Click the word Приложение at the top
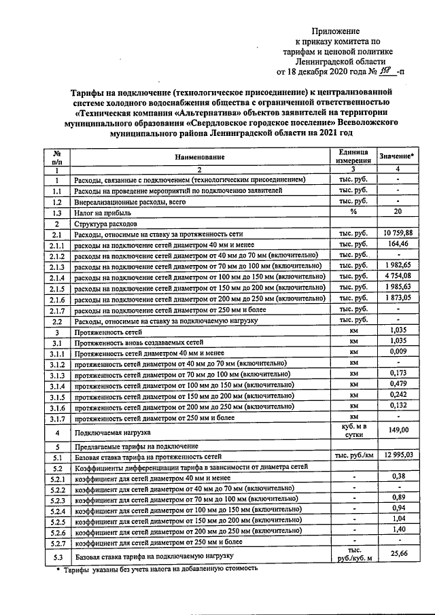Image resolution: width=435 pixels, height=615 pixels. (x=336, y=31)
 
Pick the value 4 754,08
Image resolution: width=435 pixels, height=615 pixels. (x=398, y=277)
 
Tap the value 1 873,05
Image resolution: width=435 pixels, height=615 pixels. (x=398, y=298)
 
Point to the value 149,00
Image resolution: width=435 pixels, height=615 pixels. (x=398, y=430)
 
